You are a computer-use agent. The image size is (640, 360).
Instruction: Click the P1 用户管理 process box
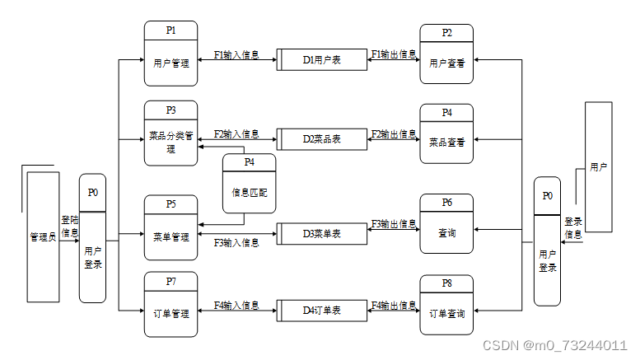(x=171, y=54)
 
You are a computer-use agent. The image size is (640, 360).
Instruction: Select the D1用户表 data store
(x=321, y=60)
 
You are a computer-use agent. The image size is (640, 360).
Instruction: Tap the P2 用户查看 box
(x=446, y=54)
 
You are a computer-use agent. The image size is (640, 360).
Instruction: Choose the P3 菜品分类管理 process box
(x=171, y=133)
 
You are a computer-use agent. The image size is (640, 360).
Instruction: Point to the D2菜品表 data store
(x=321, y=139)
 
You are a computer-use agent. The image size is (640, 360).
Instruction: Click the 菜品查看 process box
(x=446, y=133)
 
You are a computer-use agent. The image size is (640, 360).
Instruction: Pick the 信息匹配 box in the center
(x=249, y=189)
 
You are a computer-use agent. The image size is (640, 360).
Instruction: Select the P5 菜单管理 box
(x=171, y=228)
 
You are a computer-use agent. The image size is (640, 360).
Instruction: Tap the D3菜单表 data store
(x=321, y=234)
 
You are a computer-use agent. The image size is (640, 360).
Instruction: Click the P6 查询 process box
(x=446, y=226)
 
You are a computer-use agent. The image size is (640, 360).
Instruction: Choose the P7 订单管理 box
(x=171, y=304)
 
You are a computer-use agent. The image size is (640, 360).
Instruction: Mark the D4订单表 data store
(x=321, y=311)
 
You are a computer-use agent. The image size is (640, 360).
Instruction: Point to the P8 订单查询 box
(x=446, y=306)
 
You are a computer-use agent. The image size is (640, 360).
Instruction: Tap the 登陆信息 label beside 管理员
(x=70, y=227)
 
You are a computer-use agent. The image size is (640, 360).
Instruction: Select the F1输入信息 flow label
(x=236, y=55)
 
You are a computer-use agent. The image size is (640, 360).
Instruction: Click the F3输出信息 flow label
(x=393, y=224)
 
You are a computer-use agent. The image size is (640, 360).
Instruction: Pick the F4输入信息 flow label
(x=236, y=306)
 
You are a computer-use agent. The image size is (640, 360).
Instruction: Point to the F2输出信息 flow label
(x=393, y=133)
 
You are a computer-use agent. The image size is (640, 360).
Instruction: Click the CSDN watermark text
(x=555, y=345)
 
